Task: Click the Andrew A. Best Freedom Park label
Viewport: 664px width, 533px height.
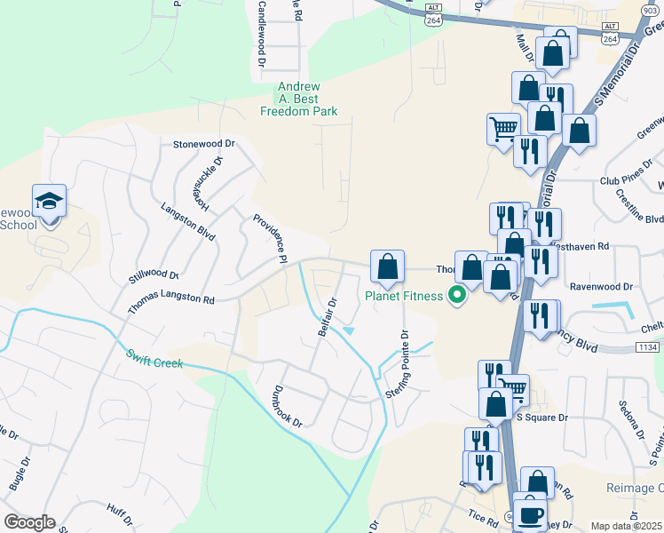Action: tap(298, 99)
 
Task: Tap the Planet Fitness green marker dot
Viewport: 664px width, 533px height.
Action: tap(458, 296)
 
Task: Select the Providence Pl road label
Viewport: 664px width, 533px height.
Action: tap(270, 239)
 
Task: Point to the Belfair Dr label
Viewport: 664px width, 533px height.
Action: tap(328, 317)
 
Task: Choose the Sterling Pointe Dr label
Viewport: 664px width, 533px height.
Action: tap(395, 365)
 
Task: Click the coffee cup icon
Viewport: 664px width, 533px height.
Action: tap(531, 515)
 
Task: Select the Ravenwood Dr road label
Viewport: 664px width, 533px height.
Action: tap(601, 287)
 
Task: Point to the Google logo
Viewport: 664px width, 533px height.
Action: tap(29, 522)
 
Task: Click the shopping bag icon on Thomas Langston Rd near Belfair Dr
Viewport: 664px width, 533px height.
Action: tap(387, 266)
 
